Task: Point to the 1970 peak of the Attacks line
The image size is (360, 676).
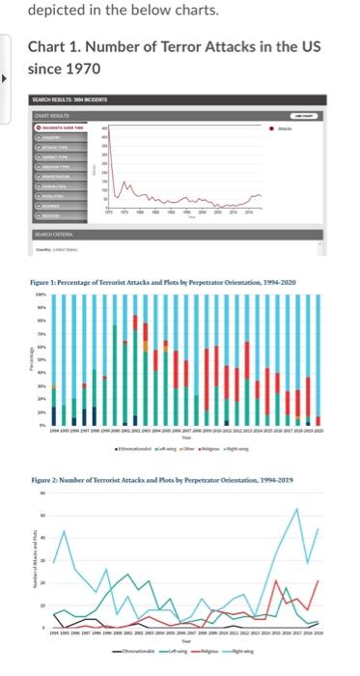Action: pyautogui.click(x=106, y=128)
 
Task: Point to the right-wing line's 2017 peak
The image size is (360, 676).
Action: pyautogui.click(x=296, y=509)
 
